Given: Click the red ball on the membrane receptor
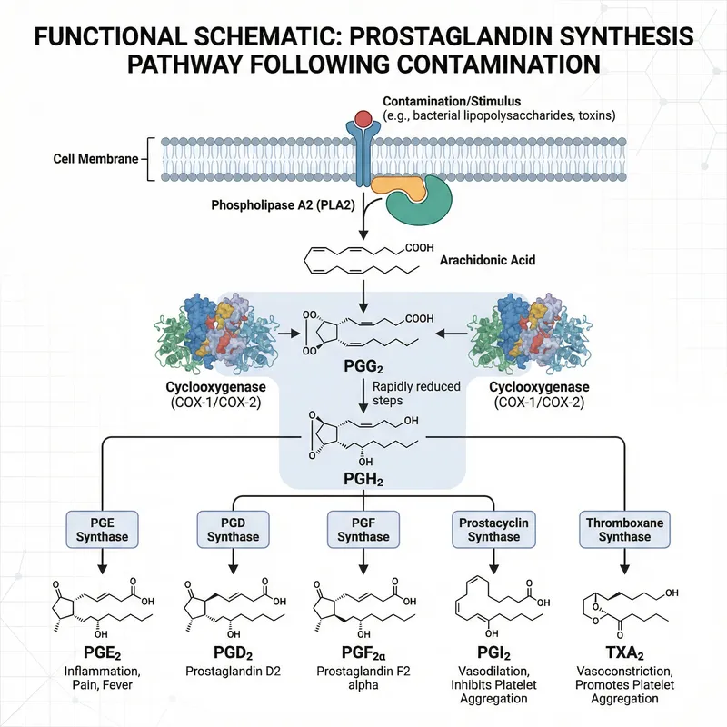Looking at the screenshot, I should point(363,118).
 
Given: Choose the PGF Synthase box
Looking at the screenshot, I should point(363,529).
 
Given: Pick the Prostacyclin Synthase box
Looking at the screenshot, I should point(493,529).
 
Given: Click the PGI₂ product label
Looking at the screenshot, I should point(493,655).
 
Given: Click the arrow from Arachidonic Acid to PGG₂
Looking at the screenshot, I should point(363,293).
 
